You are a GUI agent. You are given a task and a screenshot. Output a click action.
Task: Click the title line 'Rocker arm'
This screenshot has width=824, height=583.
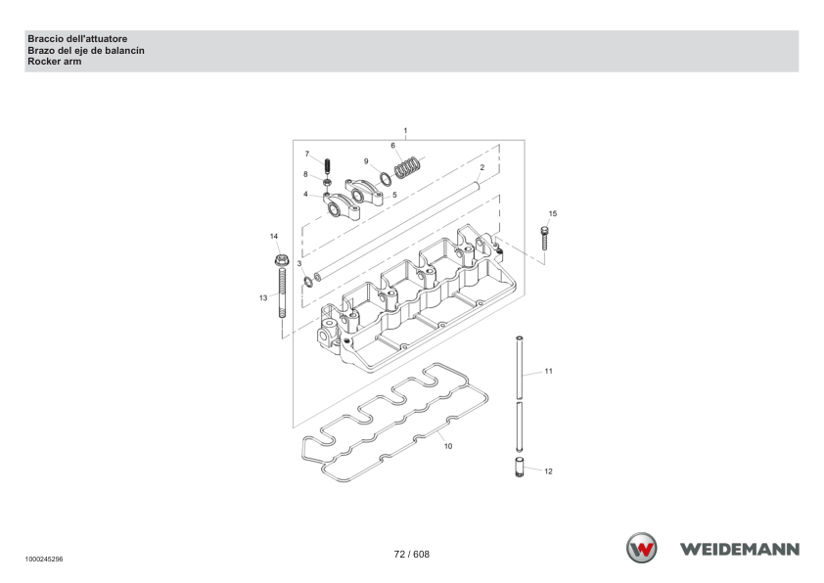[55, 62]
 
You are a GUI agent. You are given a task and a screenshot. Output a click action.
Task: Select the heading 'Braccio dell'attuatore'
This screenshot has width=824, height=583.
[77, 39]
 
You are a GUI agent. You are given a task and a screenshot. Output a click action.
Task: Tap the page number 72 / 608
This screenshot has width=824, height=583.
[411, 554]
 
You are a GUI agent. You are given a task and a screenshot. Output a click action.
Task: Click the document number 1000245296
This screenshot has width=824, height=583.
[44, 560]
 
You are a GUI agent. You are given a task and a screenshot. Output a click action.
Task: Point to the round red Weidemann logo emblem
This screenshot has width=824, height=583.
[641, 548]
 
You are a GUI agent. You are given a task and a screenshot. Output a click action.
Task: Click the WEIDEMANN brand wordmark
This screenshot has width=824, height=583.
[740, 550]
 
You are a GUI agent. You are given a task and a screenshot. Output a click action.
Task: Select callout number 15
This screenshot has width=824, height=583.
[552, 214]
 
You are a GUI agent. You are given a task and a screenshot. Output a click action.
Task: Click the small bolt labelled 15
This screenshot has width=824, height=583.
[544, 239]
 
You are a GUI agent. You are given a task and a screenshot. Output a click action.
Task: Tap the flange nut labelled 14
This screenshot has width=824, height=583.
[282, 260]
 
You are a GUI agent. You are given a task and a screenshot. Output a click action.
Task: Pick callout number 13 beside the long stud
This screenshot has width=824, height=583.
[263, 297]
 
